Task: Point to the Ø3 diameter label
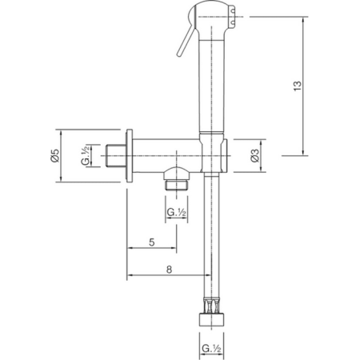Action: coord(254,156)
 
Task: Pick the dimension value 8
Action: coord(169,270)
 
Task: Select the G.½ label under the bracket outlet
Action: coord(177,212)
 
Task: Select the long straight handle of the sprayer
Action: coord(212,88)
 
